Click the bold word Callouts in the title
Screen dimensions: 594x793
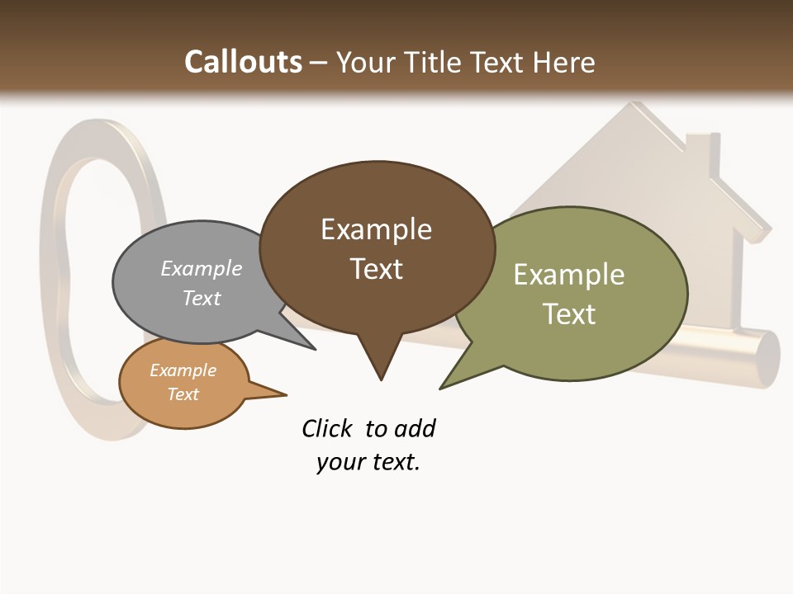tap(243, 62)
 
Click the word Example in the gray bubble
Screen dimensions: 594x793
tap(202, 268)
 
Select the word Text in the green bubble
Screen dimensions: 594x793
tap(569, 313)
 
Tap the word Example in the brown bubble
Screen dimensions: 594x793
tap(376, 229)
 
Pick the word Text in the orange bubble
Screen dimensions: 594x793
tap(183, 394)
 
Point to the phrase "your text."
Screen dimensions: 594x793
tap(368, 462)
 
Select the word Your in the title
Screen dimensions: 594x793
tap(365, 62)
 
